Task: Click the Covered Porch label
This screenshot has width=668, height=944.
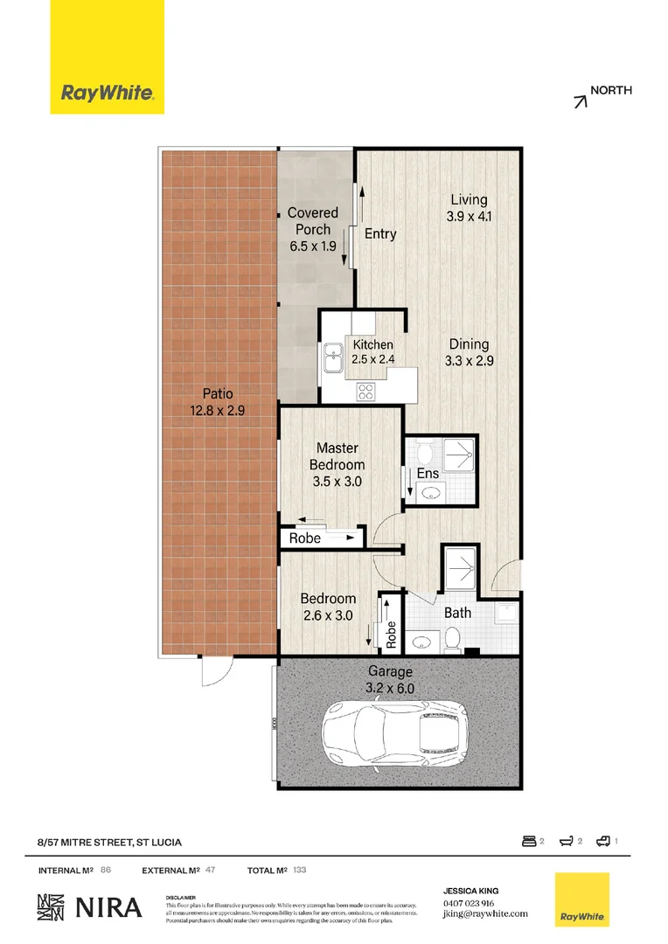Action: [312, 229]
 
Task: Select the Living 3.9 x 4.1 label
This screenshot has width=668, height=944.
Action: [469, 207]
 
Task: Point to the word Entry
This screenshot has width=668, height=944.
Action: [380, 234]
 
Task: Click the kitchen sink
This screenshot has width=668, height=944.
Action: [333, 357]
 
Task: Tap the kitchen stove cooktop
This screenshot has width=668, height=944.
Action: [365, 392]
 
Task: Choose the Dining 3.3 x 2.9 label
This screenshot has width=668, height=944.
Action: [469, 352]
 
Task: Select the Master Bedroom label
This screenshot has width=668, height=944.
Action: [337, 464]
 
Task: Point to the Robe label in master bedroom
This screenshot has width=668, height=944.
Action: [305, 538]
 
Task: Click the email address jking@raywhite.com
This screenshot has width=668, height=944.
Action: [485, 914]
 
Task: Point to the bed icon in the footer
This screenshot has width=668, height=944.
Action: [527, 841]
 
